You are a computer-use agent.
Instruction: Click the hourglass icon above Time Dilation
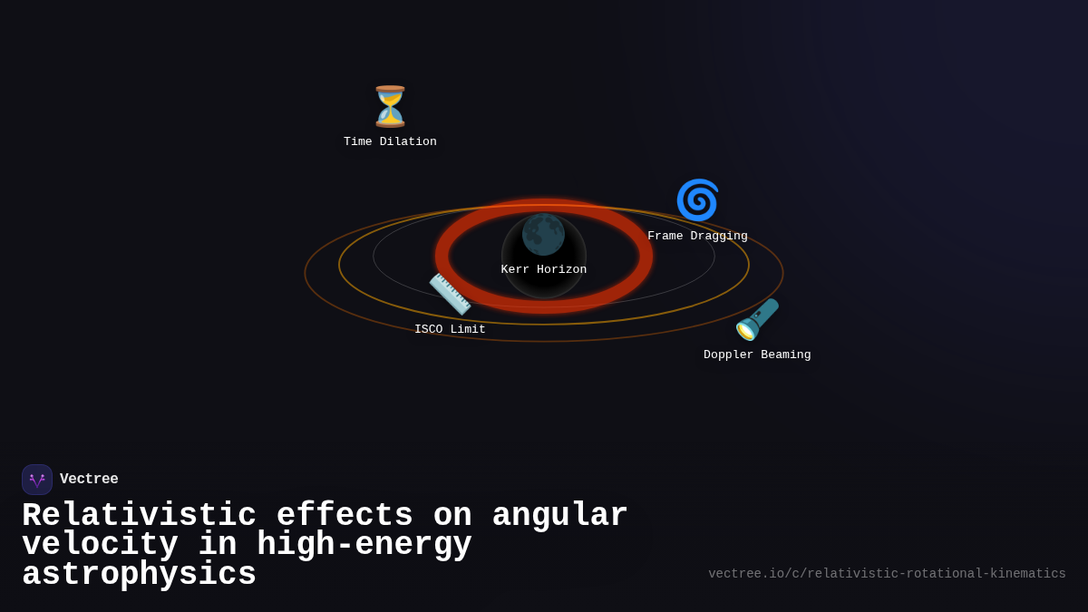390,107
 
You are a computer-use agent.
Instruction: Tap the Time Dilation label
390,142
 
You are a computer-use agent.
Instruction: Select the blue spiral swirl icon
697,200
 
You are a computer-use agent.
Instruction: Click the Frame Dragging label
697,237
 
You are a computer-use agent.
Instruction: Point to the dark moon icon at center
543,235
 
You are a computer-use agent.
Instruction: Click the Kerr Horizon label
544,270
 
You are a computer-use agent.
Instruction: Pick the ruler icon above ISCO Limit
450,294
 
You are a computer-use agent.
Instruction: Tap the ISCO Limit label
450,330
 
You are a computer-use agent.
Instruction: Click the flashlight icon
757,319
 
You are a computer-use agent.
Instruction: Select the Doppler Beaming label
757,355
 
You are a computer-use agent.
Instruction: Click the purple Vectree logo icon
37,480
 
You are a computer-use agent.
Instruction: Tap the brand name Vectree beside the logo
89,480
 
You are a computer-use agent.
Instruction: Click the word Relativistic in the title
139,516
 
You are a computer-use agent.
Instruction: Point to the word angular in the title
559,516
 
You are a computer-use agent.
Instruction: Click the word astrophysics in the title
139,575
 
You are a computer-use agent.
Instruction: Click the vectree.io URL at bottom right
887,574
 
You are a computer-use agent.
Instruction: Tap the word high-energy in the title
364,545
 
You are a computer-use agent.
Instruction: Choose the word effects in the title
345,516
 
